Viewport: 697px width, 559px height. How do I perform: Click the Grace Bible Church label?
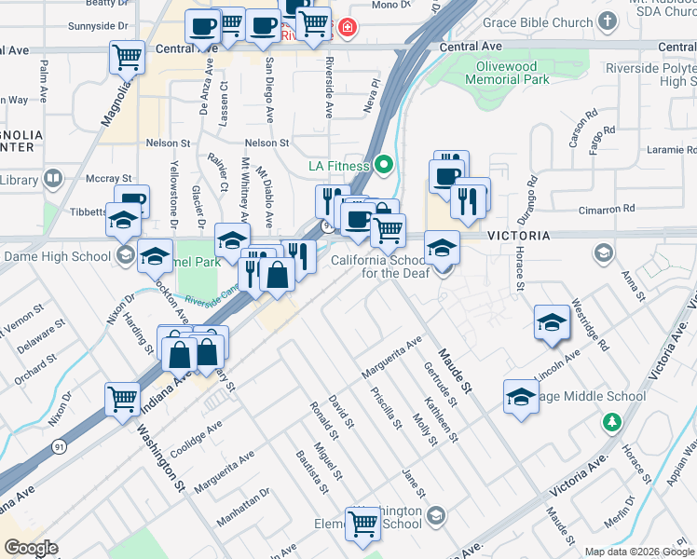coord(538,20)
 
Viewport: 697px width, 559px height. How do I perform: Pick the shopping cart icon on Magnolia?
coord(127,57)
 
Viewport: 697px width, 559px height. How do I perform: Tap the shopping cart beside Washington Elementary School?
coord(362,523)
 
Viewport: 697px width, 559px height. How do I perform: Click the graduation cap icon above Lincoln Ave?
coord(552,321)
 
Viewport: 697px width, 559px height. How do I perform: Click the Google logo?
coord(31,548)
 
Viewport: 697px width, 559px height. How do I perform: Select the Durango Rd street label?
coord(532,197)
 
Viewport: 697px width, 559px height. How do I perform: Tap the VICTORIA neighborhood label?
coord(511,237)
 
